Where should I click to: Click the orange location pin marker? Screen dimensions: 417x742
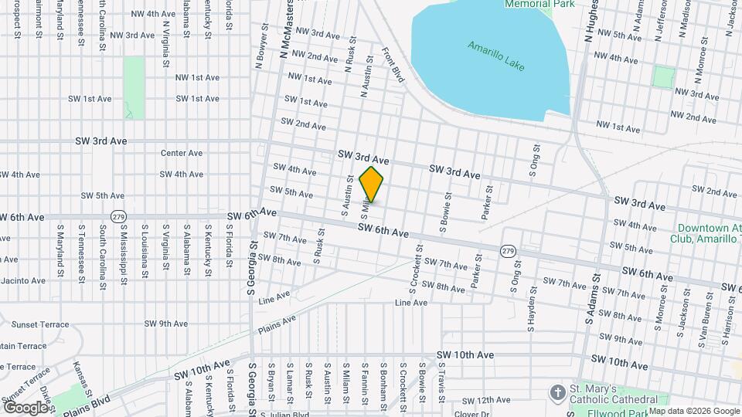click(372, 184)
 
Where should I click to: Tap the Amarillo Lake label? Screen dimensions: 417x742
click(495, 56)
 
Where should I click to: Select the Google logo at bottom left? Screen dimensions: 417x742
click(26, 407)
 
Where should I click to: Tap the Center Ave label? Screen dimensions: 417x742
click(181, 153)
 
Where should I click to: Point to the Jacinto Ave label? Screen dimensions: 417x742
click(23, 280)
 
